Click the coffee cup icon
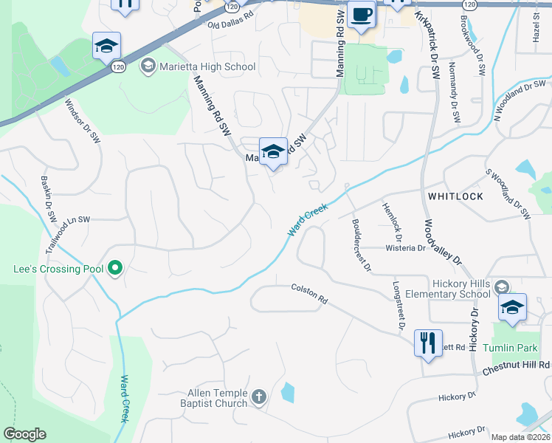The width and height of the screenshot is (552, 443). point(361,16)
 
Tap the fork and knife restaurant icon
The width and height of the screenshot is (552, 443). point(428,343)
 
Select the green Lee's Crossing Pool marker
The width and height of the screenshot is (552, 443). point(115,269)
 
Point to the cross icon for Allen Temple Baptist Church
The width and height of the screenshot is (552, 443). point(258,398)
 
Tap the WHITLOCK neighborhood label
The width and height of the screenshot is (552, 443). point(455,196)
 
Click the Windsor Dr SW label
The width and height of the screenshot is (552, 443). point(83,122)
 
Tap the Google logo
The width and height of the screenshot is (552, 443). point(24,434)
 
